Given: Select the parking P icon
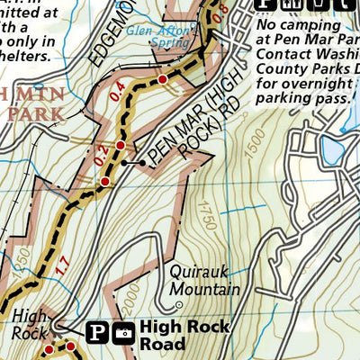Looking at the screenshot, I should tap(98, 333).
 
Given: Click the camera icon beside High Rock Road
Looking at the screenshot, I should tap(123, 333).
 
